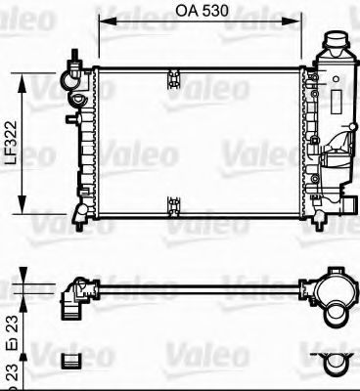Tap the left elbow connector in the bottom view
[x=72, y=294]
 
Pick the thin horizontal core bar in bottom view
[x=196, y=286]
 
